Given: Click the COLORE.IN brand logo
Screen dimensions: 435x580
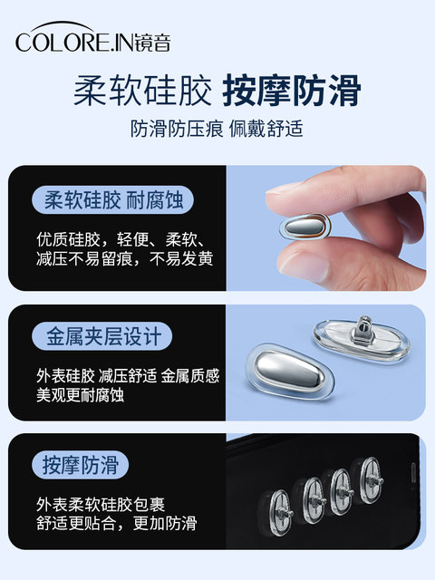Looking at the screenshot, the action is (92, 37).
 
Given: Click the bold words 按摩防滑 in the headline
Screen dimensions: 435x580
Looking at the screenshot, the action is (292, 91).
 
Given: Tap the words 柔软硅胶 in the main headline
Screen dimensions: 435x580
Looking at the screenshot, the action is (142, 91).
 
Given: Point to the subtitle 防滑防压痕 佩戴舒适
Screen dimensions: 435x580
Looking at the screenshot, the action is (217, 129).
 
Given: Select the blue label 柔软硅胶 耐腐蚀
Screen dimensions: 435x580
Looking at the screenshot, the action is (112, 199).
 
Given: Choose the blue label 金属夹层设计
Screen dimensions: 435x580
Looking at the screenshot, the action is (102, 336).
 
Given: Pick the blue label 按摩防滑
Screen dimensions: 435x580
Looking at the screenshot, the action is (81, 465).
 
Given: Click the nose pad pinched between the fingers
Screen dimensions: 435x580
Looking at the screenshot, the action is (305, 226).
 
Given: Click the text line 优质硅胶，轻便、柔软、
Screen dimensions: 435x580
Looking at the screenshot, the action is (121, 239).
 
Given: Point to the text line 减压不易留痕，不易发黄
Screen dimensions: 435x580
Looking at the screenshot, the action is (125, 258).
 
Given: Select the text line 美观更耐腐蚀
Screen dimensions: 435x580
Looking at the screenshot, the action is (80, 395).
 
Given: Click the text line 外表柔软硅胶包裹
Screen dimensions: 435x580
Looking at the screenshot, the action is (101, 504).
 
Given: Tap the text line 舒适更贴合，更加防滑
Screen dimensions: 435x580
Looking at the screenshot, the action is (117, 523).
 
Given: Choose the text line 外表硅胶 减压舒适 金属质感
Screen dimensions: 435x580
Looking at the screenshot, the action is (128, 375).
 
